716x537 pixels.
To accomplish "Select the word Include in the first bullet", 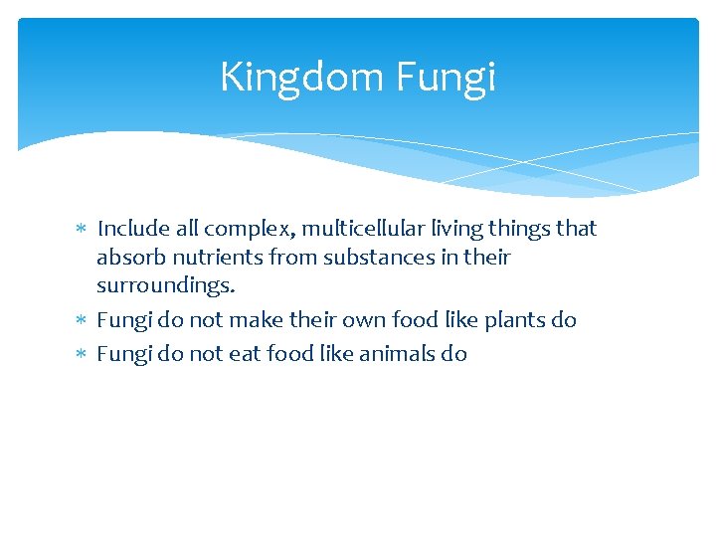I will click(132, 229).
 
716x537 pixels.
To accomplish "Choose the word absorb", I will click(129, 258).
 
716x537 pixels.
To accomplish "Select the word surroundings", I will click(165, 286).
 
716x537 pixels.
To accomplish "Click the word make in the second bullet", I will click(253, 320).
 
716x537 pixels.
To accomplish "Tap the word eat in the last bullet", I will click(244, 354).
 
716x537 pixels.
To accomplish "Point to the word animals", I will click(389, 354).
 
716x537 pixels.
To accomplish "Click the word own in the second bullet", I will click(360, 320).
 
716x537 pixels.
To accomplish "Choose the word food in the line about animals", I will click(287, 354).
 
